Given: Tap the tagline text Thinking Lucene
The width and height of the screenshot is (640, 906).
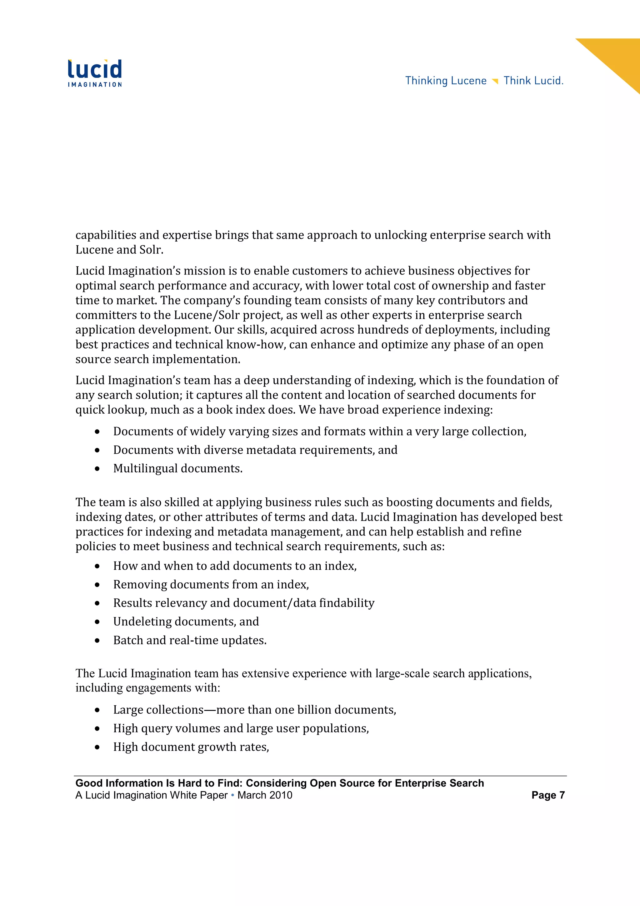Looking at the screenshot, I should coord(446,81).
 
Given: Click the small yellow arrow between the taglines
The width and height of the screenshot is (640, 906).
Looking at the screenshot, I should coord(495,81).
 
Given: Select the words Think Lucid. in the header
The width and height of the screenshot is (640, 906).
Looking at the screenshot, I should coord(533,81).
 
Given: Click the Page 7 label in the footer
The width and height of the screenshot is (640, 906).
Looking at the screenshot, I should coord(548,795).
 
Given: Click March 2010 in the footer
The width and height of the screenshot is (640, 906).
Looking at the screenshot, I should coord(265,795).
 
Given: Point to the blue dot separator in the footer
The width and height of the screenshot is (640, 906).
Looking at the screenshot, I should coord(232,795).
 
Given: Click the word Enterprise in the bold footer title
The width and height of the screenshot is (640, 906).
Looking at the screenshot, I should coord(421,783).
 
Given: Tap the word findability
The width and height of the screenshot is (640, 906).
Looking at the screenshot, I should coord(347,603).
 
